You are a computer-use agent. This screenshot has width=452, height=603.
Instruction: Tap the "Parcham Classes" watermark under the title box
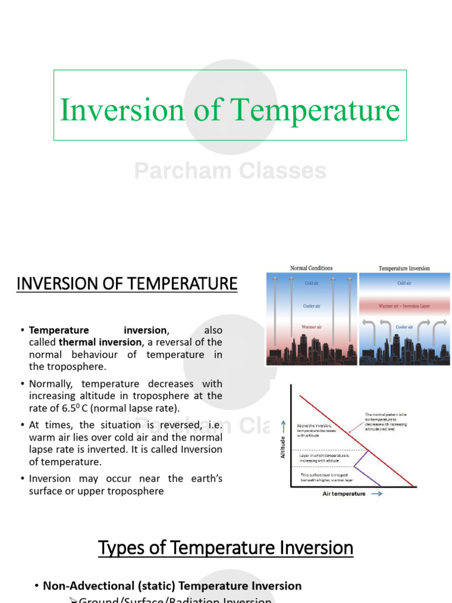coord(230,171)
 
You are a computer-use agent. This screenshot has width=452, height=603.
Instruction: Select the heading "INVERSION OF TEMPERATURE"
coord(127,284)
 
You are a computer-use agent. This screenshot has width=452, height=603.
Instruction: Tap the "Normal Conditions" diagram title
coord(311,268)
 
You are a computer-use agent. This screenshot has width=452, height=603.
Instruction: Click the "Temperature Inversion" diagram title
coord(404,268)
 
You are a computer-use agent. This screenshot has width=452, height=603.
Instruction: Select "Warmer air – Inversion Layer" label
coord(404,306)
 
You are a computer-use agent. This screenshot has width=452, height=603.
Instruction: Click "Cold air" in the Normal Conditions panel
coord(312,283)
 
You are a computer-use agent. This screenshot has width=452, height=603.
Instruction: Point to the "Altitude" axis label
coord(283,448)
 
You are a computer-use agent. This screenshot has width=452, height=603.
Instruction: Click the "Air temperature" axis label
coord(344,494)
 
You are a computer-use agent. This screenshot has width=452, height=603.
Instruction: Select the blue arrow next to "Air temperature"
coord(377,494)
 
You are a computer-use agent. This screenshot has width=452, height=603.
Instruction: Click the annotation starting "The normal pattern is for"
coord(385,422)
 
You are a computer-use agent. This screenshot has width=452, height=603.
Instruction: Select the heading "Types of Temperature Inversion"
coord(225,548)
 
